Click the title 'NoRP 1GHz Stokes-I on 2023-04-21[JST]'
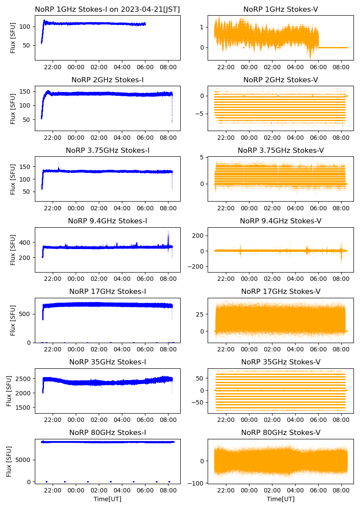point(108,9)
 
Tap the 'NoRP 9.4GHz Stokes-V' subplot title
point(280,221)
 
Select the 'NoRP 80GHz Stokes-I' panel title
point(108,432)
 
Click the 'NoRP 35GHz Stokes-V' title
point(280,362)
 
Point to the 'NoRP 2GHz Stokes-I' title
point(108,80)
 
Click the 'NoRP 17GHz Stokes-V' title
point(280,291)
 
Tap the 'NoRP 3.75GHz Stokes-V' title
point(280,150)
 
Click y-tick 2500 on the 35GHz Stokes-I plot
point(25,379)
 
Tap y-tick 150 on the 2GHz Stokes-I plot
point(27,91)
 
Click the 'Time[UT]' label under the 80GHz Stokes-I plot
point(108,499)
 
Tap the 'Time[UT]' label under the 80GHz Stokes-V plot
point(280,499)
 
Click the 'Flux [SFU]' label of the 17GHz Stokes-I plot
point(13,320)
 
